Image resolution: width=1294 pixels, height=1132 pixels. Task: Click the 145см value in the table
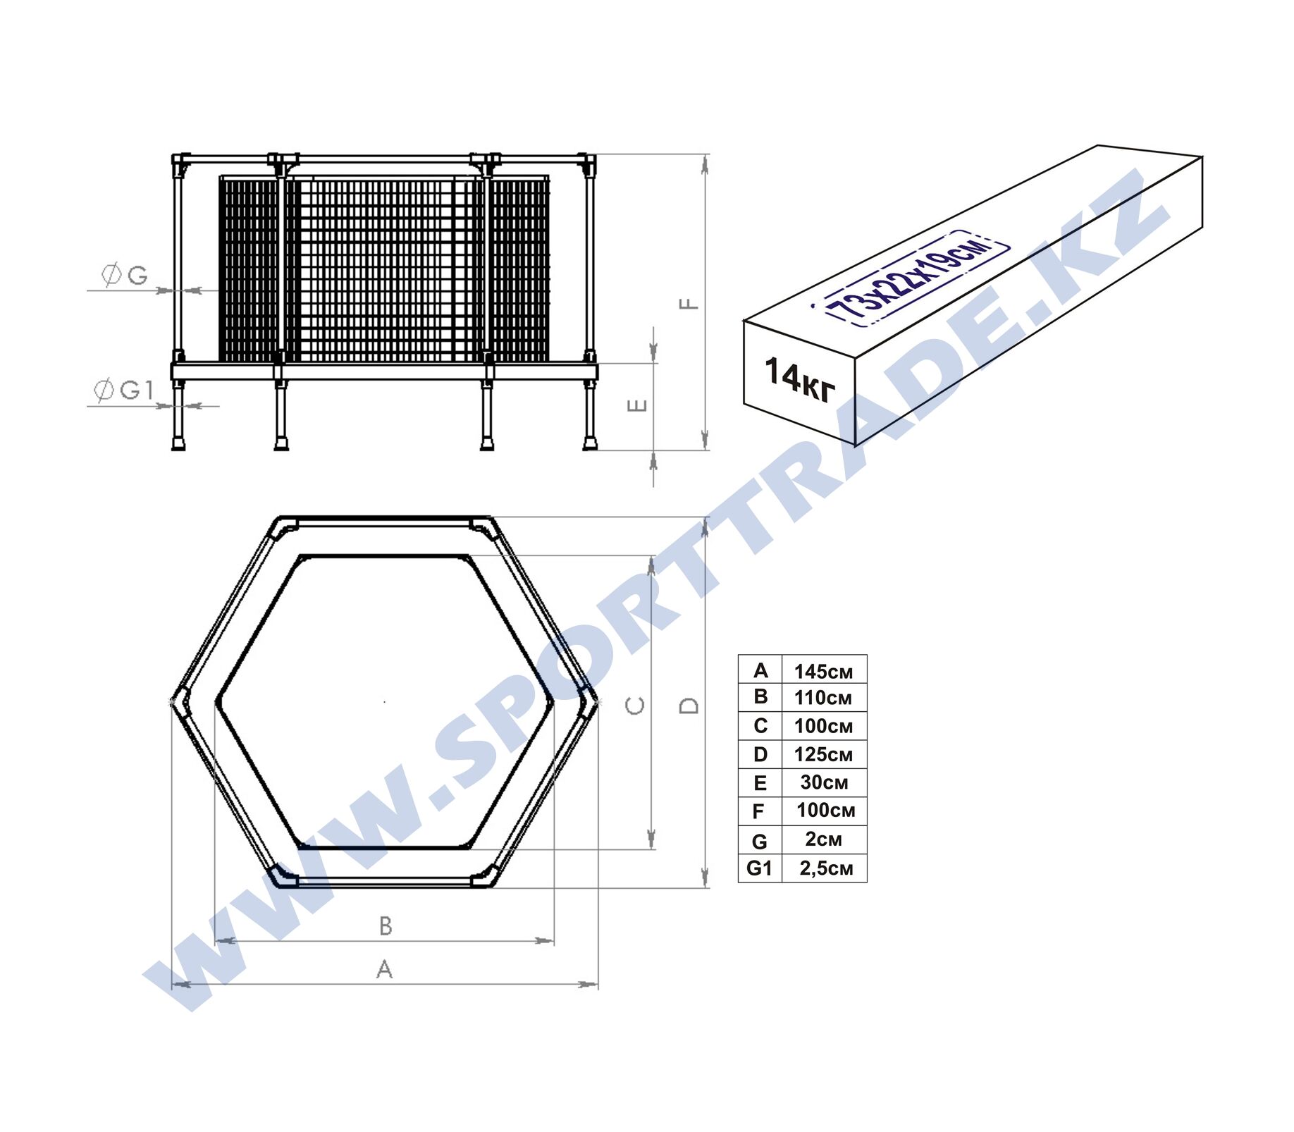(x=823, y=672)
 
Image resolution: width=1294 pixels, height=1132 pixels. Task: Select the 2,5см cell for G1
(x=826, y=868)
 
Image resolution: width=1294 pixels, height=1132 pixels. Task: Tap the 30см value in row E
(x=824, y=782)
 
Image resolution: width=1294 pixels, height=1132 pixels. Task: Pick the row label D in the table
(x=760, y=754)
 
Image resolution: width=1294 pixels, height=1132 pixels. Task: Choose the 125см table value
(x=823, y=755)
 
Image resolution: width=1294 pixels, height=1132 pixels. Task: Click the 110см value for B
(x=823, y=698)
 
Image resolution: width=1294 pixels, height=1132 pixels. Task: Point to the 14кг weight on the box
(x=800, y=380)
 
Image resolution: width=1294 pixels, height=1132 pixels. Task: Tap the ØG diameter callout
(x=125, y=274)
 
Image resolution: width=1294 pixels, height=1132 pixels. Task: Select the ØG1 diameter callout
(x=123, y=389)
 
